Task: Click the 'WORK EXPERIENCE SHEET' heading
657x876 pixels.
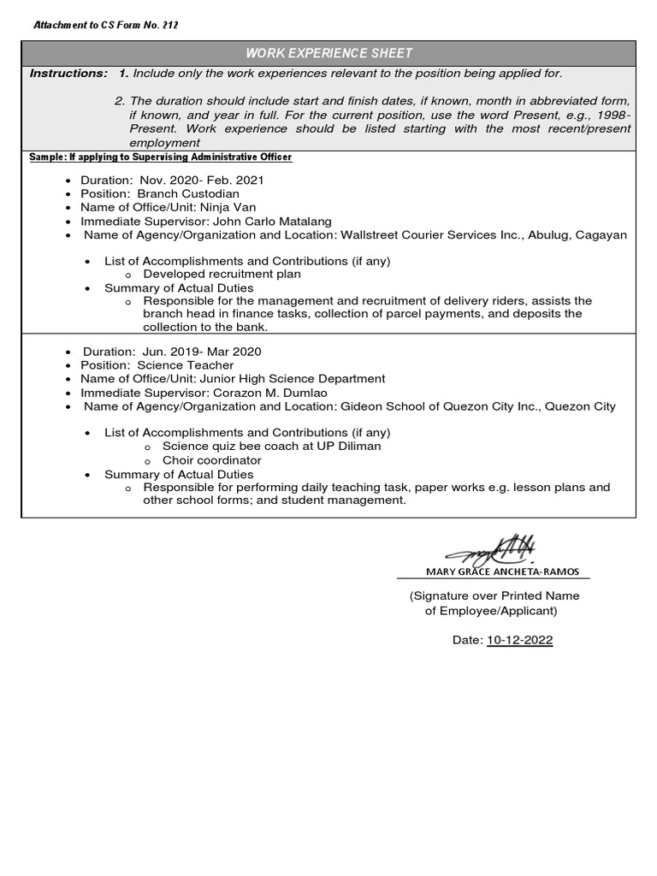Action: pyautogui.click(x=329, y=53)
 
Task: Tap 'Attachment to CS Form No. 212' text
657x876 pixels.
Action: pyautogui.click(x=105, y=25)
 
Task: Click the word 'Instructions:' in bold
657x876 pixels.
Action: pyautogui.click(x=68, y=74)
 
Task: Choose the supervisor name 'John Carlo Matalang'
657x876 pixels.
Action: pyautogui.click(x=272, y=222)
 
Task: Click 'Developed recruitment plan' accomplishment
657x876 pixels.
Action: pyautogui.click(x=222, y=275)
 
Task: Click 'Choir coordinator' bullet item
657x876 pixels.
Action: pyautogui.click(x=212, y=460)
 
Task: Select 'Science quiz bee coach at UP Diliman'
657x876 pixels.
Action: pyautogui.click(x=272, y=447)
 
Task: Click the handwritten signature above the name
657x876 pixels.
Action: pyautogui.click(x=493, y=548)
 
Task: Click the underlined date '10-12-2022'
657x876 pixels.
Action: pyautogui.click(x=519, y=640)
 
